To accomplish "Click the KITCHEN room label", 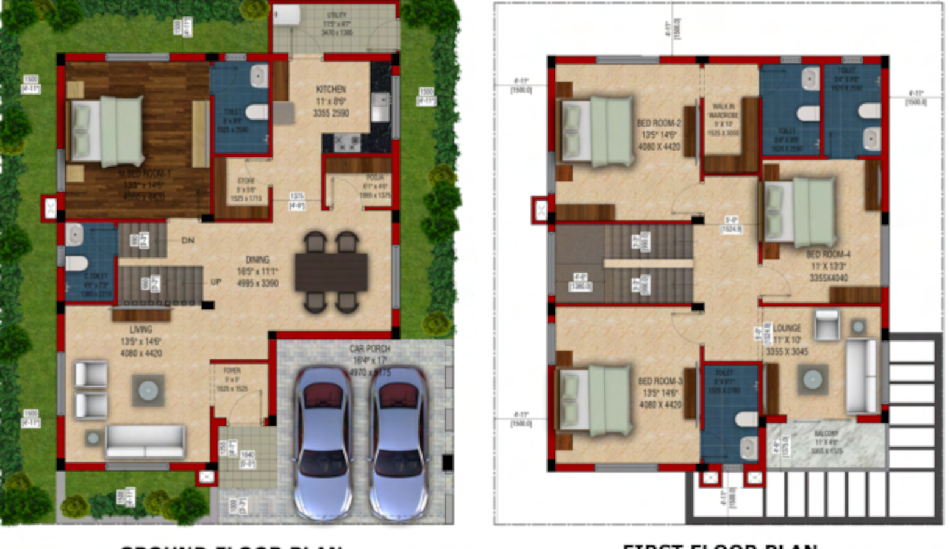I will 331,90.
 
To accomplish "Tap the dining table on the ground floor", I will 331,272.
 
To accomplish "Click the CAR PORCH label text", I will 370,349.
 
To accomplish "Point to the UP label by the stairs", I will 216,282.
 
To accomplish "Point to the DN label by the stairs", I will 188,240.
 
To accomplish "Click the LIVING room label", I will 140,330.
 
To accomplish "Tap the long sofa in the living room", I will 145,442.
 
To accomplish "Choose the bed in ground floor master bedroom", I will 109,131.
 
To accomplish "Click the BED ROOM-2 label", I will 659,123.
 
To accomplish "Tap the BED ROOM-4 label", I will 828,254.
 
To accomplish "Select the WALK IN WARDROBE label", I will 724,110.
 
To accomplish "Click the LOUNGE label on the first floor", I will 787,329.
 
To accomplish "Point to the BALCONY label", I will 826,434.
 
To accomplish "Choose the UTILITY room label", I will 337,15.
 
